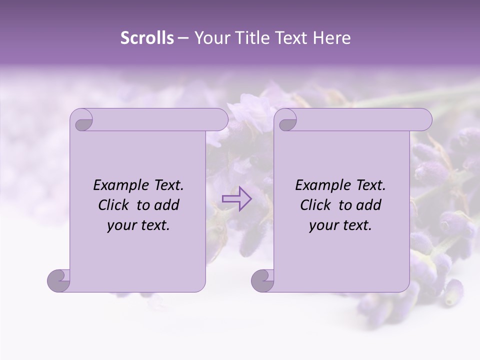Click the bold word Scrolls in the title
(x=147, y=38)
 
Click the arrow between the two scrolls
(x=237, y=199)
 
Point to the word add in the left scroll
(x=167, y=205)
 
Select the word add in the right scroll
(x=369, y=205)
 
